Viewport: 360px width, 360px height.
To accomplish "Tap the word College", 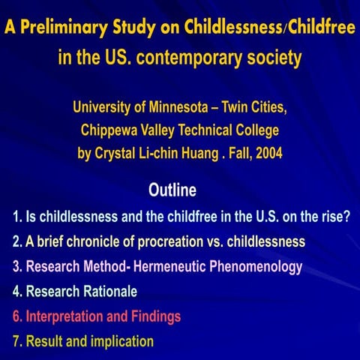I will click(256, 130).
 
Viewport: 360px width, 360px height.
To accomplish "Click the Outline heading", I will click(172, 187).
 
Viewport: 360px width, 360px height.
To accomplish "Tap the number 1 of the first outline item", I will click(16, 218).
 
